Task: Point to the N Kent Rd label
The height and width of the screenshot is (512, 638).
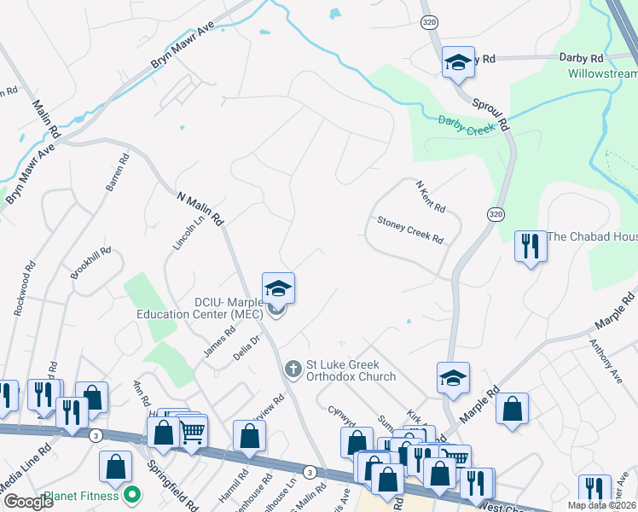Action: coord(430,196)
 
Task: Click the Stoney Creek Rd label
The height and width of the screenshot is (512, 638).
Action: coord(410,230)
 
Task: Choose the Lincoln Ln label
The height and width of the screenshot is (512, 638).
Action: coord(189,230)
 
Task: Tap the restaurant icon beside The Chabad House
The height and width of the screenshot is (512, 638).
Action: coord(531,246)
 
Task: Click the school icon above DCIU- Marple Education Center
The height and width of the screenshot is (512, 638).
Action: coord(278,288)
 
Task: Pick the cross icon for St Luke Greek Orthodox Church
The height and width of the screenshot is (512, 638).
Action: coord(293,369)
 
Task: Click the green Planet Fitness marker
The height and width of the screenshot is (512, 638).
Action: coord(132,494)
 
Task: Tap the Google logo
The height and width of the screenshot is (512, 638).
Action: coord(29,502)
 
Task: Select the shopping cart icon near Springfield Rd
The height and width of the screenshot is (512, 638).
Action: coord(192,432)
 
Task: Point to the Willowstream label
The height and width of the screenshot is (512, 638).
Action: coord(602,73)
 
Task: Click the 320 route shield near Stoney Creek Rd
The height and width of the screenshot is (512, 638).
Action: coord(495,213)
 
